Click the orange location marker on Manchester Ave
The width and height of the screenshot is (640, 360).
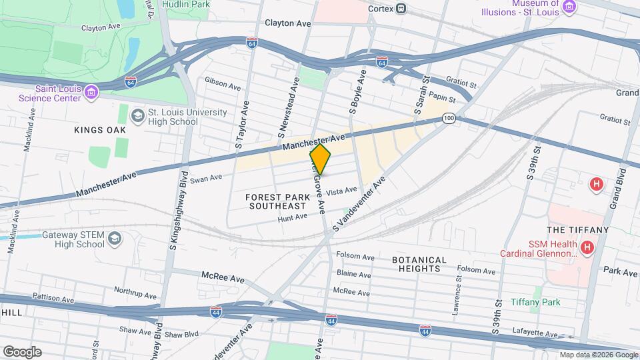tap(320, 160)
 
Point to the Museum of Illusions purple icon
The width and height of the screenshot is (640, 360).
tap(569, 7)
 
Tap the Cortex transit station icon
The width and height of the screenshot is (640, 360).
tap(401, 9)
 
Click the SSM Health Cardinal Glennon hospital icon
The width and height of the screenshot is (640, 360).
tap(587, 248)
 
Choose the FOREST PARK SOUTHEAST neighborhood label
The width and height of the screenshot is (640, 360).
tap(278, 201)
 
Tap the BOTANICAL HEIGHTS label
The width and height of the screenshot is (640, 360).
tap(419, 264)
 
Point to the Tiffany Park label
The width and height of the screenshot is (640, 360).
tap(535, 302)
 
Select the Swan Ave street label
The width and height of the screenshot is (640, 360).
tap(206, 178)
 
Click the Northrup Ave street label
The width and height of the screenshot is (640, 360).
tap(134, 291)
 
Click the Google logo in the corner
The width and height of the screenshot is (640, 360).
tap(22, 351)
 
